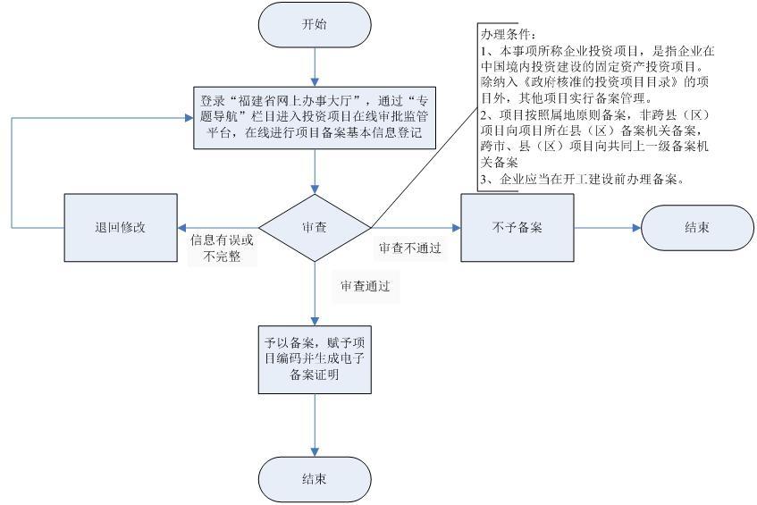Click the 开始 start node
coord(315,24)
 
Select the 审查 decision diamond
coord(315,227)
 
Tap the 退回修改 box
coord(120,227)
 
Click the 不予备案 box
coord(517,227)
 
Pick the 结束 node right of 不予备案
coord(697,227)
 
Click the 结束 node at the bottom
coord(315,479)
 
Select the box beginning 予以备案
coord(315,358)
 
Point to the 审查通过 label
coord(365,287)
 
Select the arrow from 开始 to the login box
coord(315,66)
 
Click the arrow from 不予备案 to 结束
coord(607,227)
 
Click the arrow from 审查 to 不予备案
coord(416,227)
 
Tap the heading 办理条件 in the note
coord(507,34)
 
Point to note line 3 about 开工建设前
coord(581,179)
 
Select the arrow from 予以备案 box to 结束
coord(315,425)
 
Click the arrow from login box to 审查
coord(315,170)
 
